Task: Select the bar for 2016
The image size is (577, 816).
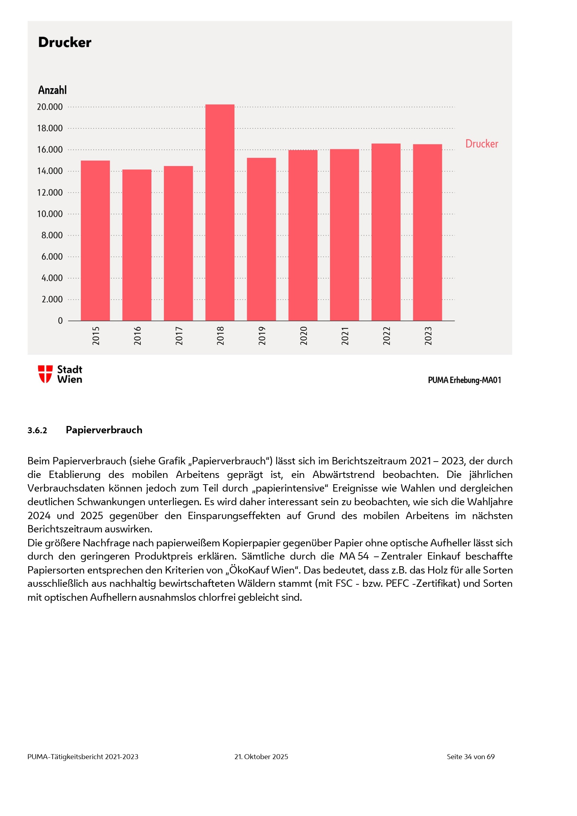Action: (x=137, y=245)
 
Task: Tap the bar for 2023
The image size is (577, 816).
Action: (x=427, y=232)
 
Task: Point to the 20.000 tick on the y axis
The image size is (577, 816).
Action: (x=50, y=107)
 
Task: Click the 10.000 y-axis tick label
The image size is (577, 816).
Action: (x=50, y=214)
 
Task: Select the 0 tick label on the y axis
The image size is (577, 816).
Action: (x=60, y=321)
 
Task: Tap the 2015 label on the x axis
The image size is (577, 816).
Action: (x=96, y=336)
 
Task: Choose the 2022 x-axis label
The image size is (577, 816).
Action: (x=386, y=336)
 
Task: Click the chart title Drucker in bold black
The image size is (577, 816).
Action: (x=65, y=42)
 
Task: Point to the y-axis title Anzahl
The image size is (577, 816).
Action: (x=52, y=90)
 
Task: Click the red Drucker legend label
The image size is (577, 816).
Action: (x=482, y=144)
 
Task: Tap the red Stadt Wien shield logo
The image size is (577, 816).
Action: (x=45, y=374)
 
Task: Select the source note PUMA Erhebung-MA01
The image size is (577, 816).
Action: (x=464, y=380)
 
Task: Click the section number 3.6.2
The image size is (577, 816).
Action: (x=37, y=431)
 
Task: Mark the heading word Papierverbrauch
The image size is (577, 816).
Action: (x=104, y=430)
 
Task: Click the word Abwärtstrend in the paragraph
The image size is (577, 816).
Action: (x=343, y=474)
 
